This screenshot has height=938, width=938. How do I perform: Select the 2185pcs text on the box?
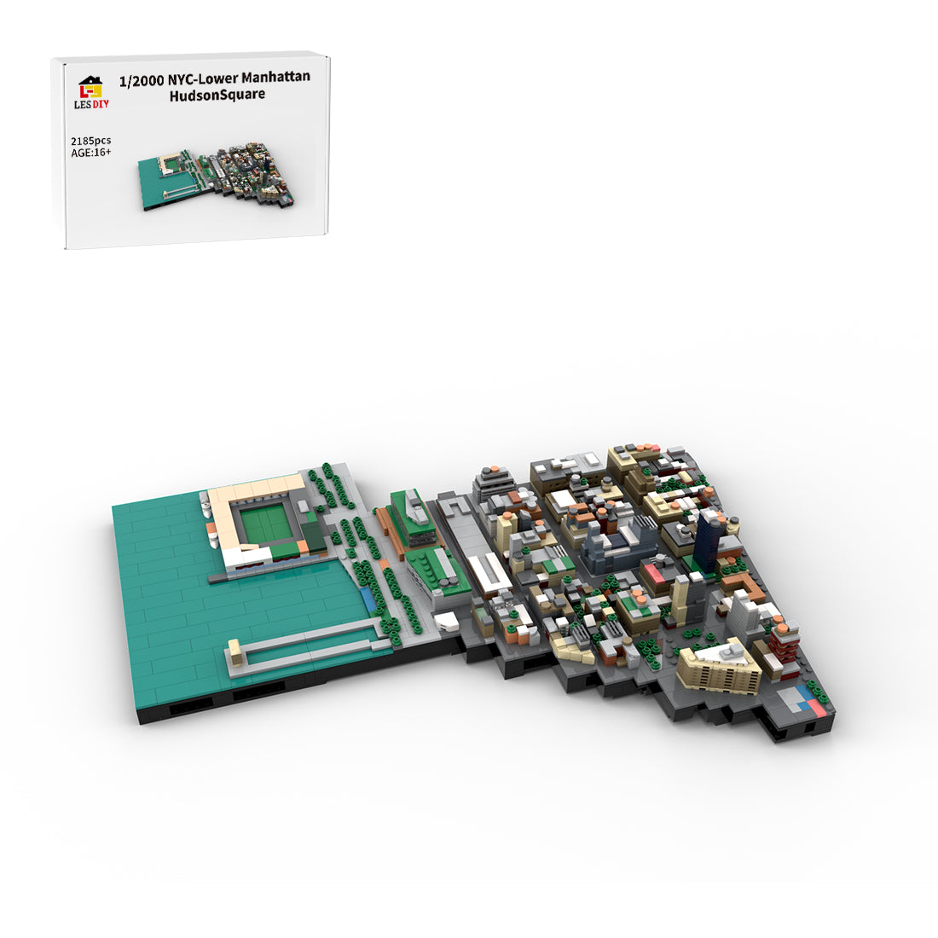(91, 141)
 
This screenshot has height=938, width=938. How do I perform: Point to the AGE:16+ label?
(91, 153)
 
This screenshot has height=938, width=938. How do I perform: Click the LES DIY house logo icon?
(91, 87)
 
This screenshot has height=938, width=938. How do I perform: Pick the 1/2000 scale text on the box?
(142, 81)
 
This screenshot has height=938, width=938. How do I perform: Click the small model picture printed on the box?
(217, 176)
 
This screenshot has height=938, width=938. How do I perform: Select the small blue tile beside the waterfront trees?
(367, 598)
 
